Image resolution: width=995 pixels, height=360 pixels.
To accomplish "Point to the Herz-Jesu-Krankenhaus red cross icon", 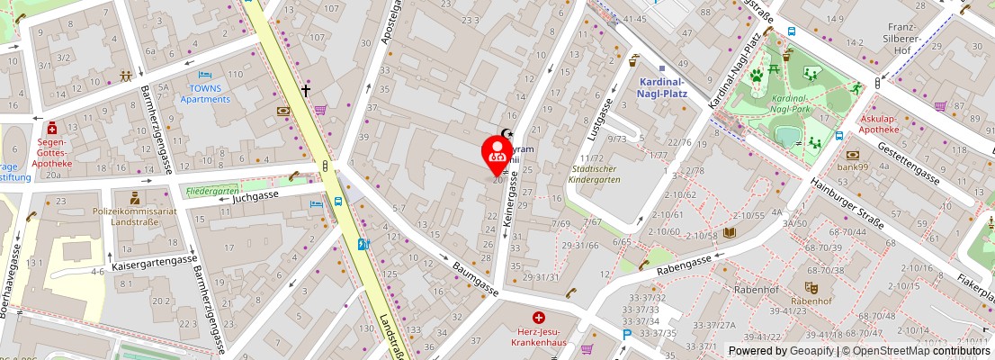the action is tap(538, 318).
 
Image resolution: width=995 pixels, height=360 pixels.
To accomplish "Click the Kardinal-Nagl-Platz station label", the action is tap(660, 86).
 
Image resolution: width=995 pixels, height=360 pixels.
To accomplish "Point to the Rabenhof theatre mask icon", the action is tap(811, 287).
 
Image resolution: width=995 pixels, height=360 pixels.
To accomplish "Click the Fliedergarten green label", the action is tap(213, 191).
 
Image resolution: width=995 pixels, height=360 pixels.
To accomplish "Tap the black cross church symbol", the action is tap(306, 91).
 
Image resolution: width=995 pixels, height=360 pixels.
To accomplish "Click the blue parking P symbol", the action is tap(626, 335).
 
